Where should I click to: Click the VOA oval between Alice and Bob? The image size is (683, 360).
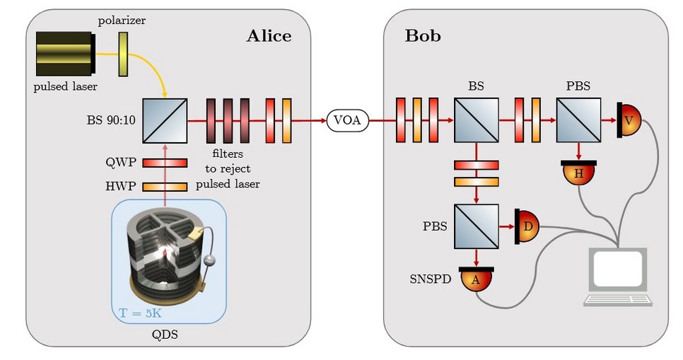[347, 121]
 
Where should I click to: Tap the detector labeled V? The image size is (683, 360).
[627, 121]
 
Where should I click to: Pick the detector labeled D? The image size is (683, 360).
[527, 226]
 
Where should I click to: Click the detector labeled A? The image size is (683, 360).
[475, 279]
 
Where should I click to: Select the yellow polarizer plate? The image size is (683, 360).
[123, 54]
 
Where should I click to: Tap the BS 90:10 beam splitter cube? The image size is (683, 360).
[164, 121]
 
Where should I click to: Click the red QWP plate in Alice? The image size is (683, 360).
[164, 163]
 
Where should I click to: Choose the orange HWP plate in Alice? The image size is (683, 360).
[164, 187]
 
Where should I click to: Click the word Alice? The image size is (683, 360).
[268, 36]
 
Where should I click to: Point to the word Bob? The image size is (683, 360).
[423, 36]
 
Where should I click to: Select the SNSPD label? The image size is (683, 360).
[429, 278]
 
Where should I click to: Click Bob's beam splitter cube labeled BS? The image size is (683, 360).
[476, 121]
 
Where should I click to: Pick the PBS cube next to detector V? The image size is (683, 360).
[578, 121]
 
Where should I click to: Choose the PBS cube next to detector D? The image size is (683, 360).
[476, 226]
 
